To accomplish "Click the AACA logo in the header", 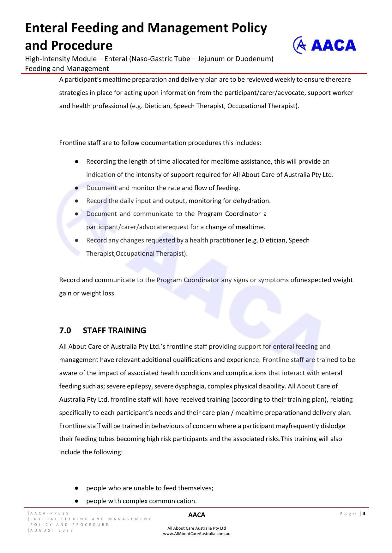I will [x=324, y=45].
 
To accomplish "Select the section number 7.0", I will [x=65, y=330].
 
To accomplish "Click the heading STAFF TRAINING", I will [x=114, y=330].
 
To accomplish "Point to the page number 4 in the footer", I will [x=364, y=514].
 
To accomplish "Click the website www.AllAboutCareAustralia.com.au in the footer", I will [x=196, y=534].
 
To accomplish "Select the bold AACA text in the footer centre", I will [x=196, y=515].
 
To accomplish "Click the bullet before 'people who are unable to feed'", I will [x=76, y=488].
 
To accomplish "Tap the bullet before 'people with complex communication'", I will [x=76, y=501].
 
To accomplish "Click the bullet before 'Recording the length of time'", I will [x=76, y=161].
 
